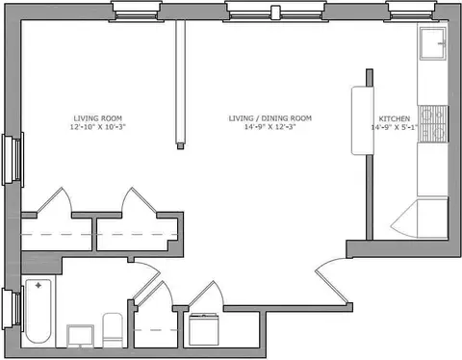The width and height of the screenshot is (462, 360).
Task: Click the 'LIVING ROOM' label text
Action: pos(98,118)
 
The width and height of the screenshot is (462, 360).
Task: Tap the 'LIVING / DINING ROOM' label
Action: pos(270,118)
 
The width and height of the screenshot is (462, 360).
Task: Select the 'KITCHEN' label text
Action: pos(395,118)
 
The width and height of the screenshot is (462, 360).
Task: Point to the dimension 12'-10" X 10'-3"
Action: pos(98,127)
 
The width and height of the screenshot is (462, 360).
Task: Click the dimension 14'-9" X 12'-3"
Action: pos(269,127)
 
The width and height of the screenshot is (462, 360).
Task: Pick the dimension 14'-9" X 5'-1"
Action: pos(395,127)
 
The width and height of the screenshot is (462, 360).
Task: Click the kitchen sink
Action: pos(433,43)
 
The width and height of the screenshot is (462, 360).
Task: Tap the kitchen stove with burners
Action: pos(434,124)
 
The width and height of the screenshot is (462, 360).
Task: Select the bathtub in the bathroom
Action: pos(38,311)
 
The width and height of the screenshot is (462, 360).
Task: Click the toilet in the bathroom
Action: pos(113,330)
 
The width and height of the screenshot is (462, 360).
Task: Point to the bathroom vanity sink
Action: pos(80,336)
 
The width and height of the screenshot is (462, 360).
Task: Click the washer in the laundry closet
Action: pos(204,330)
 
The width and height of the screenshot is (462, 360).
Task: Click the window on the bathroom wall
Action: pos(13,309)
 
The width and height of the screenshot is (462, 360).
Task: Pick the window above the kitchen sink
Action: pos(411,12)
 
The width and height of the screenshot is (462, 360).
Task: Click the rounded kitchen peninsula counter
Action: pos(363,120)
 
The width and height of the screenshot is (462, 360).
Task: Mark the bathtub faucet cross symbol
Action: pos(38,285)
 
